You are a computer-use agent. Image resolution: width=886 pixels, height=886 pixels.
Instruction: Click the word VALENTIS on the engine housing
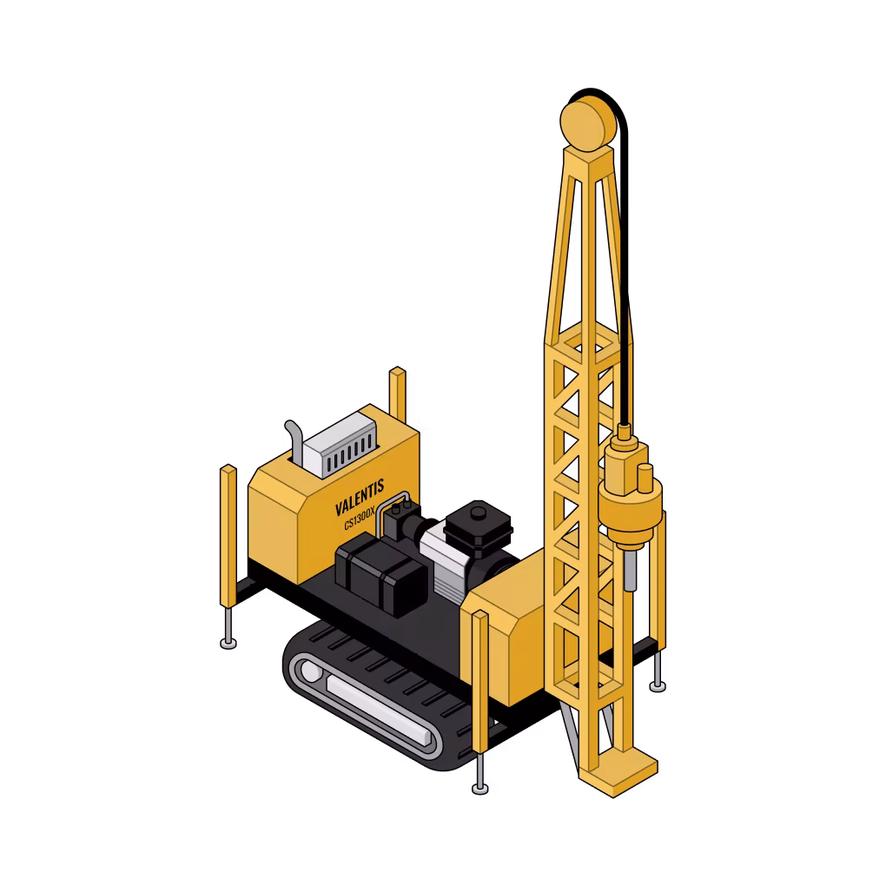point(360,497)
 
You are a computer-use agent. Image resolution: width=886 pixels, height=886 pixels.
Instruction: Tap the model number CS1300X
point(360,518)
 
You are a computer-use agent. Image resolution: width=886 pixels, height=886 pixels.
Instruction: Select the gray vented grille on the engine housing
point(341,445)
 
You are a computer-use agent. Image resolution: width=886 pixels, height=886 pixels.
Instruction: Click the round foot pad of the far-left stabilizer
point(228,644)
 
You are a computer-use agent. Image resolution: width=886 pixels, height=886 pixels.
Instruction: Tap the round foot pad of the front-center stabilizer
point(479,788)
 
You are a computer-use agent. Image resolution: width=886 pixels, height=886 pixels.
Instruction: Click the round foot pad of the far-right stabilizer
point(658,686)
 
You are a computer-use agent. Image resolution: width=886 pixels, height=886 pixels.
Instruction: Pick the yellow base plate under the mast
point(618,771)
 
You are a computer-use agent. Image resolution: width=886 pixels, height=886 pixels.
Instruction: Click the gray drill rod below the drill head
point(630,571)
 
